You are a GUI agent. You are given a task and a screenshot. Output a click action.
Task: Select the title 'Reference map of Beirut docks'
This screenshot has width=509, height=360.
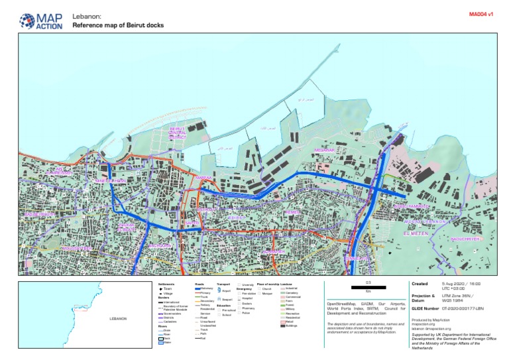pos(118,25)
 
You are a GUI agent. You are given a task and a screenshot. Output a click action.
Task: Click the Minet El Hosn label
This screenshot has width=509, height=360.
pos(110,180)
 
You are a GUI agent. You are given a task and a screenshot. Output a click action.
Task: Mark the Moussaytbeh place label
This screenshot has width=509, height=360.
pos(74,248)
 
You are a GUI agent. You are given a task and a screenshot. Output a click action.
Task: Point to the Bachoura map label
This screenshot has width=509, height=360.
pos(159,245)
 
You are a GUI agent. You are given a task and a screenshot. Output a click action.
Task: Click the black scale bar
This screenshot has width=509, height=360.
pos(367,289)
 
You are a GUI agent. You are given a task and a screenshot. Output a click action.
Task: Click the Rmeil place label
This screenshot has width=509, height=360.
pos(293,212)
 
